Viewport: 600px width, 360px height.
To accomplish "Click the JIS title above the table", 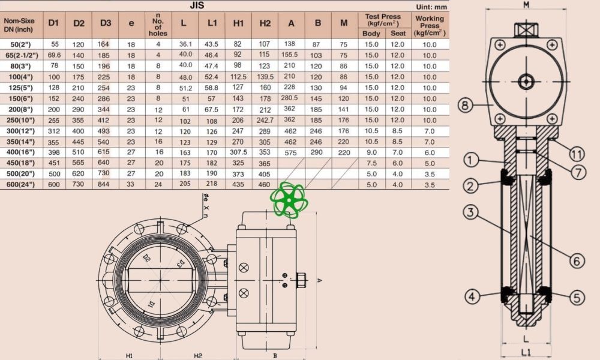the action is [x=197, y=5].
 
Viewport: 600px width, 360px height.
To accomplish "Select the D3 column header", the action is [x=105, y=23].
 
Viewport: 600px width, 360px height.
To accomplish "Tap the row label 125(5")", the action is [x=21, y=88].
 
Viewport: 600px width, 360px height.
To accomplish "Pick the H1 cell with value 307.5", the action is [x=238, y=152].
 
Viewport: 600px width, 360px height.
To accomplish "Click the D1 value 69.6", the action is [x=54, y=55].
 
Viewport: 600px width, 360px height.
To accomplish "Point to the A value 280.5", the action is [x=289, y=98].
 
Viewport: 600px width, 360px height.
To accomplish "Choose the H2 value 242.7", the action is [x=265, y=120].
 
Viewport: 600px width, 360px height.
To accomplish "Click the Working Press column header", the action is [x=430, y=26].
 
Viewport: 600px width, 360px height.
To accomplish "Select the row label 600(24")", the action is [x=20, y=184].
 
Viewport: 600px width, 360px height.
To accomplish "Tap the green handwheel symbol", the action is [x=289, y=200].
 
